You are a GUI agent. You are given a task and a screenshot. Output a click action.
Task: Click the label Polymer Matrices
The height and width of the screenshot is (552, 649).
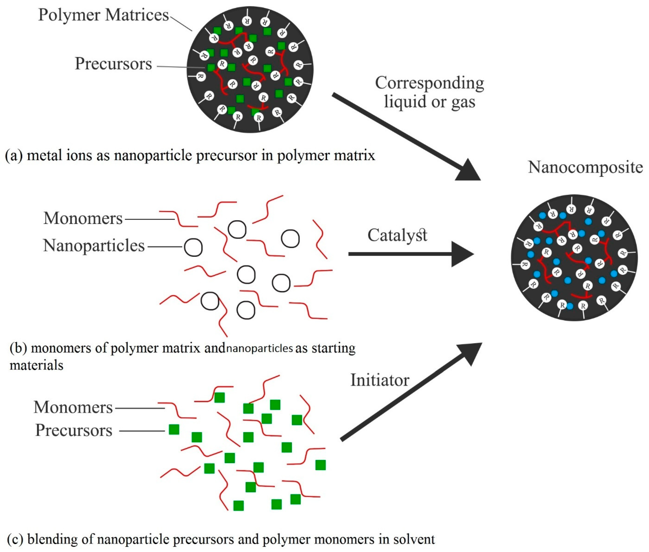pos(103,15)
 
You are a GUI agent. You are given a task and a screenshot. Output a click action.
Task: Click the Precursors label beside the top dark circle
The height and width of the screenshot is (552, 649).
pos(113,64)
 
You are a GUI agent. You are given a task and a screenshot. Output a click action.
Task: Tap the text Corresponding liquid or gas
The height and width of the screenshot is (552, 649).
pos(429,92)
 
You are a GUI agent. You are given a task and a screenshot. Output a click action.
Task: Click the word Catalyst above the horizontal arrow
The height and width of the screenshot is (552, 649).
pos(397,235)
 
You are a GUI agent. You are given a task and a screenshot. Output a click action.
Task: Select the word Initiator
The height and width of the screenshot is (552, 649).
pos(379,381)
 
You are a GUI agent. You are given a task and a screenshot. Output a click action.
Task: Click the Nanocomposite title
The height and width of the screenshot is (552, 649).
pos(585,167)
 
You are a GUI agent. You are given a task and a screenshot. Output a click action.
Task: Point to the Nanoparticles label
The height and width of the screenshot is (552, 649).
pos(94,246)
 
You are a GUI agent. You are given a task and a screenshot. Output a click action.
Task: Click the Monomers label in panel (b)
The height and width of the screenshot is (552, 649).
pos(83,218)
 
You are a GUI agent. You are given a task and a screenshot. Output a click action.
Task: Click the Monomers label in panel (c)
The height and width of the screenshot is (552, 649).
pos(73,407)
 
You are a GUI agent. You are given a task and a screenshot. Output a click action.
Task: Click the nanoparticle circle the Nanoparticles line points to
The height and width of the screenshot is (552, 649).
pos(193,248)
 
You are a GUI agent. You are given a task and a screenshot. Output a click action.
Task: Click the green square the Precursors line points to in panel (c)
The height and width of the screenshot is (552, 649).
pos(174,429)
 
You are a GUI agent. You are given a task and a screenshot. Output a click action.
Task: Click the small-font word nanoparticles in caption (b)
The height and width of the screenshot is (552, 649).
pos(259,348)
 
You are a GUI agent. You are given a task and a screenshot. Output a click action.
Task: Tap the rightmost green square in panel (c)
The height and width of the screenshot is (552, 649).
pos(320,465)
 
